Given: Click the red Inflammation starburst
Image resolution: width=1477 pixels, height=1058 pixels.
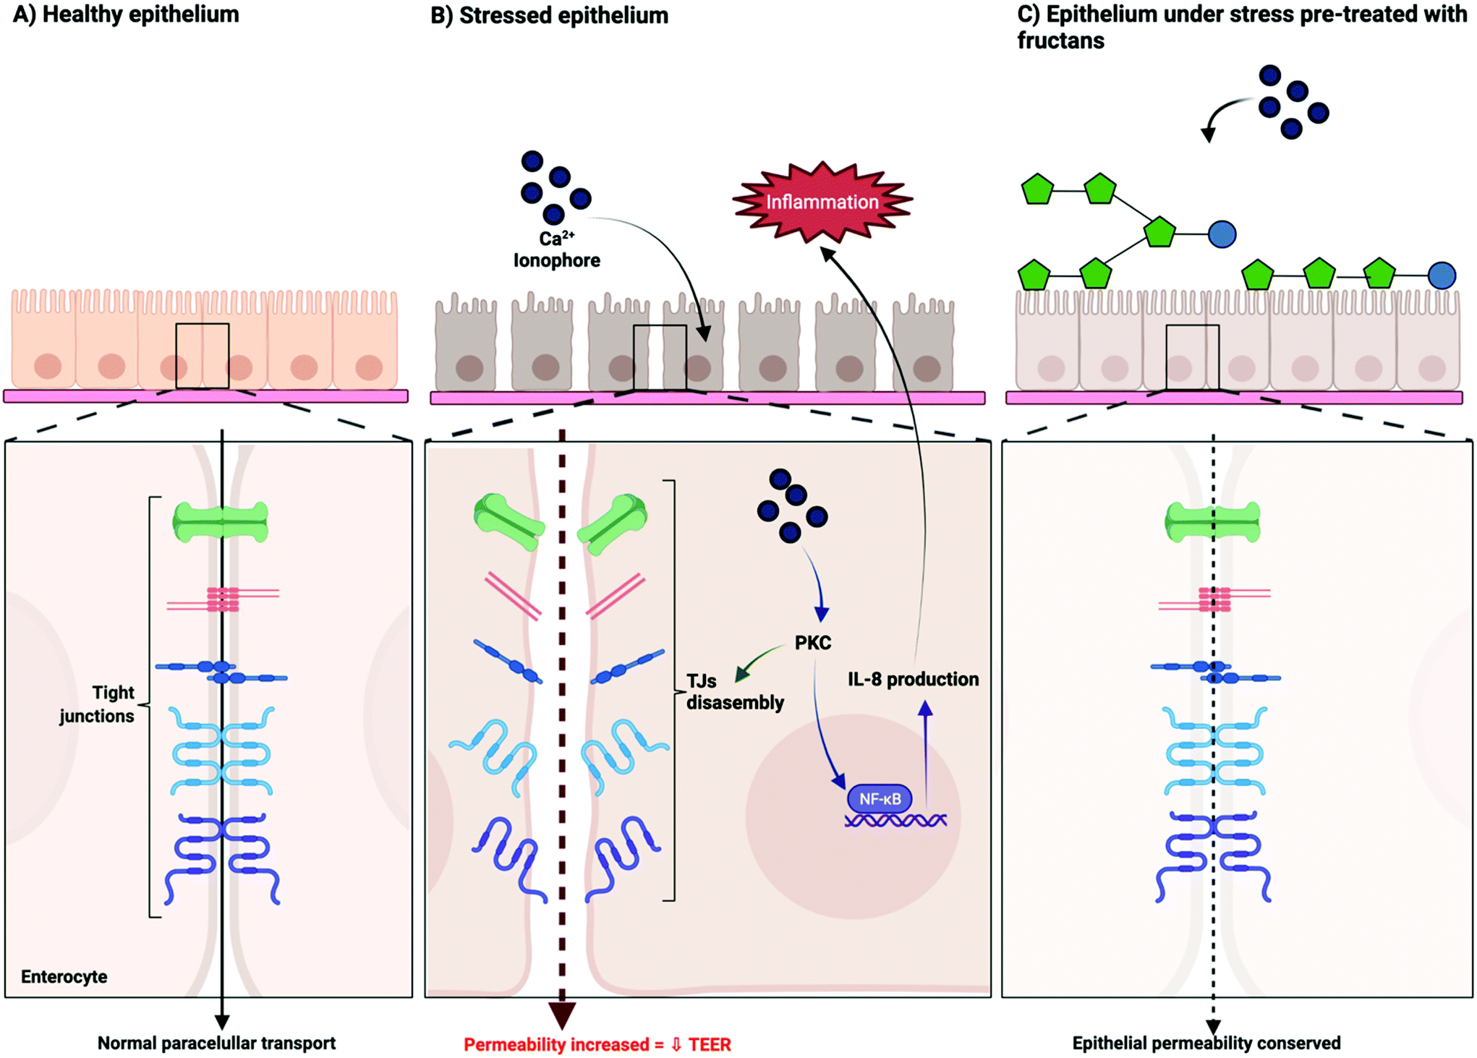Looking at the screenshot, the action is (x=822, y=202).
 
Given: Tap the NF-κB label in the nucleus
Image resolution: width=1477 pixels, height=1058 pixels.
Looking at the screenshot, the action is (x=880, y=799).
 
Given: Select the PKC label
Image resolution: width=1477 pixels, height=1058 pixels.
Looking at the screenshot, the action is (x=813, y=643).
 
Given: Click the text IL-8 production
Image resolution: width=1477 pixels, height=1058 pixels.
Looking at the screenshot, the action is (x=914, y=679).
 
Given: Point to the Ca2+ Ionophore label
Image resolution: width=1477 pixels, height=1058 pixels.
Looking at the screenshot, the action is (x=557, y=249).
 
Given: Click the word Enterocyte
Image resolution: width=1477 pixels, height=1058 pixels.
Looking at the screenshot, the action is (x=64, y=977).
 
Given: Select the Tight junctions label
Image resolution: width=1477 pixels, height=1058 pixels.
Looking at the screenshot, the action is (x=98, y=704).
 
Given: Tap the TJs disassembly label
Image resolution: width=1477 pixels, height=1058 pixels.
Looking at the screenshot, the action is (x=735, y=691).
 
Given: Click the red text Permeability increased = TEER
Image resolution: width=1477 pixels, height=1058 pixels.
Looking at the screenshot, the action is (x=597, y=1044).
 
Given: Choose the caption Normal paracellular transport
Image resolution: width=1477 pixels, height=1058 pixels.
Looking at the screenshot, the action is (x=217, y=1043).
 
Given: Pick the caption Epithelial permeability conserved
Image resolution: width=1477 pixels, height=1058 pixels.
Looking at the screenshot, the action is (x=1206, y=1043).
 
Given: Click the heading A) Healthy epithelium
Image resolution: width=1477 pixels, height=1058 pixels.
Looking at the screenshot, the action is (x=126, y=14).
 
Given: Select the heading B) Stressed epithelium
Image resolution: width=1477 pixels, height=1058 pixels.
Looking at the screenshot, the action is (x=550, y=15).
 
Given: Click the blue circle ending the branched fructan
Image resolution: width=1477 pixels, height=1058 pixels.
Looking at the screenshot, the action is (x=1222, y=234).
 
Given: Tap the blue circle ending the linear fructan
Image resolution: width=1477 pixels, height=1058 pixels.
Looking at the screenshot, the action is (x=1442, y=276).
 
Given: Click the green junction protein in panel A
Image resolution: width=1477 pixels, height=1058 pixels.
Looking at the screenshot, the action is (x=221, y=521).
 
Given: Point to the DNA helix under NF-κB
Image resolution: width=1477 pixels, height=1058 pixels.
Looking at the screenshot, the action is (x=895, y=821).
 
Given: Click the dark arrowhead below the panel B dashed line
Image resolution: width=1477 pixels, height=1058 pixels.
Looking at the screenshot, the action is (x=562, y=1015).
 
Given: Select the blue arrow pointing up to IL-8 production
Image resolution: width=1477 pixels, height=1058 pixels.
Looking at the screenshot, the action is (x=926, y=749).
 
